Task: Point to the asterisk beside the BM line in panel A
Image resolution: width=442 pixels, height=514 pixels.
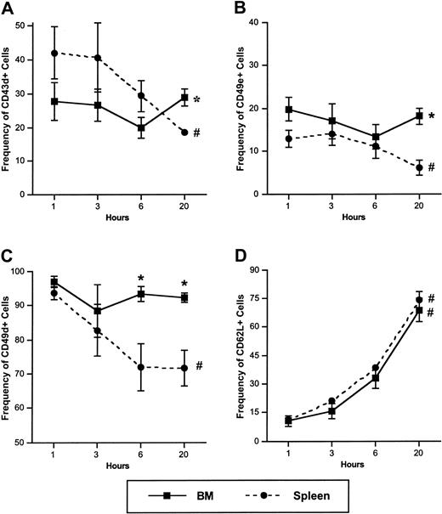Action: [x=197, y=100]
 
